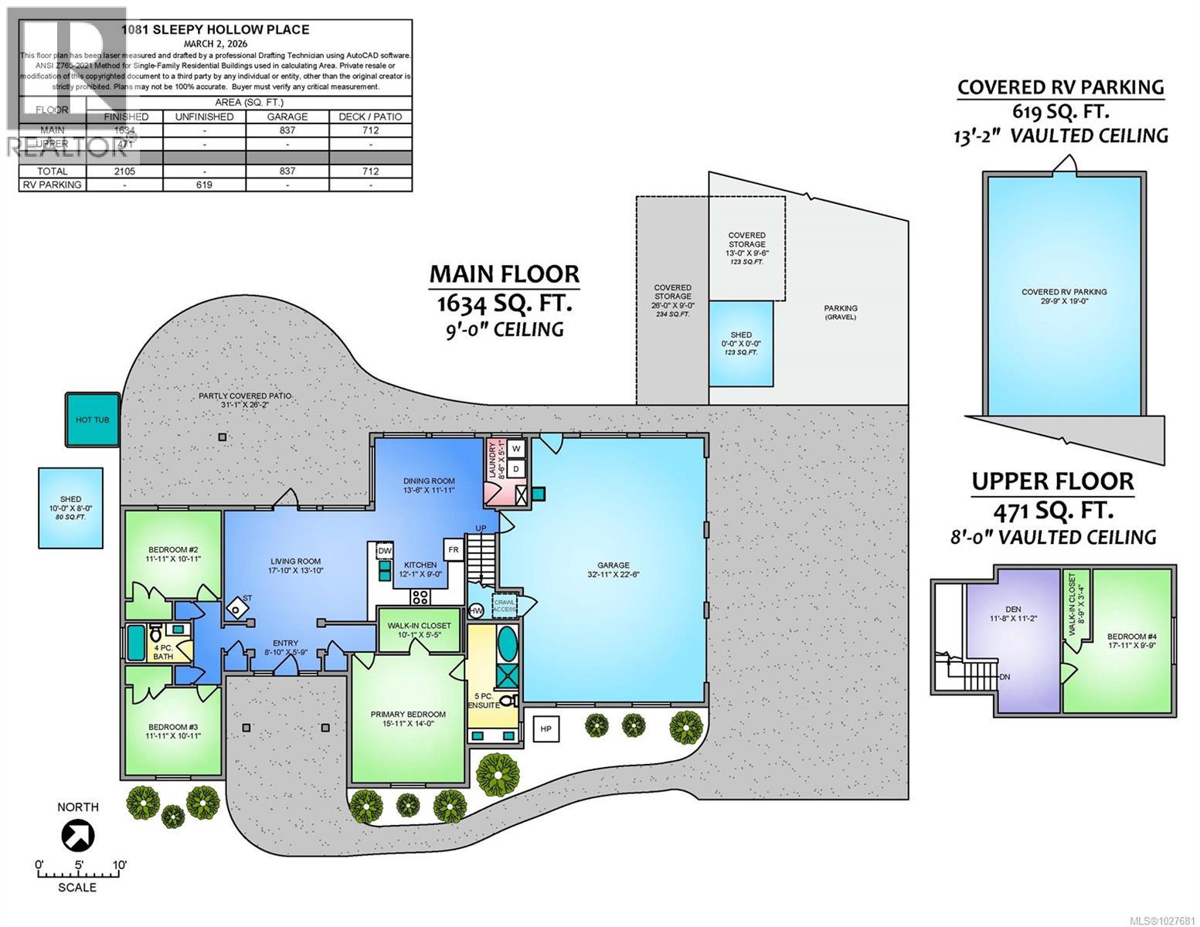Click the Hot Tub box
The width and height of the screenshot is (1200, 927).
click(92, 420)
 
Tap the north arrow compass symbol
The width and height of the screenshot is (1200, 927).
click(78, 835)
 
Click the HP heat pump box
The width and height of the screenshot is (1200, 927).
click(546, 728)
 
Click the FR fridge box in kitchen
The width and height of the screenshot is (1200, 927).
click(453, 550)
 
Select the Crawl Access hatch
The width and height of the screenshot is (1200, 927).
click(505, 605)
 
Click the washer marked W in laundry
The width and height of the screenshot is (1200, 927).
click(516, 448)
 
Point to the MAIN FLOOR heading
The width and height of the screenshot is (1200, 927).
click(504, 273)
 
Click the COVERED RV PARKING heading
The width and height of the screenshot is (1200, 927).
click(1060, 87)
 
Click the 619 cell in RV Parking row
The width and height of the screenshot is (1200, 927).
click(204, 185)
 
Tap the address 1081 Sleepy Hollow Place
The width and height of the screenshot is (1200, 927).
click(216, 30)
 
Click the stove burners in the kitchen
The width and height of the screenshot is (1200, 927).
click(420, 596)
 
